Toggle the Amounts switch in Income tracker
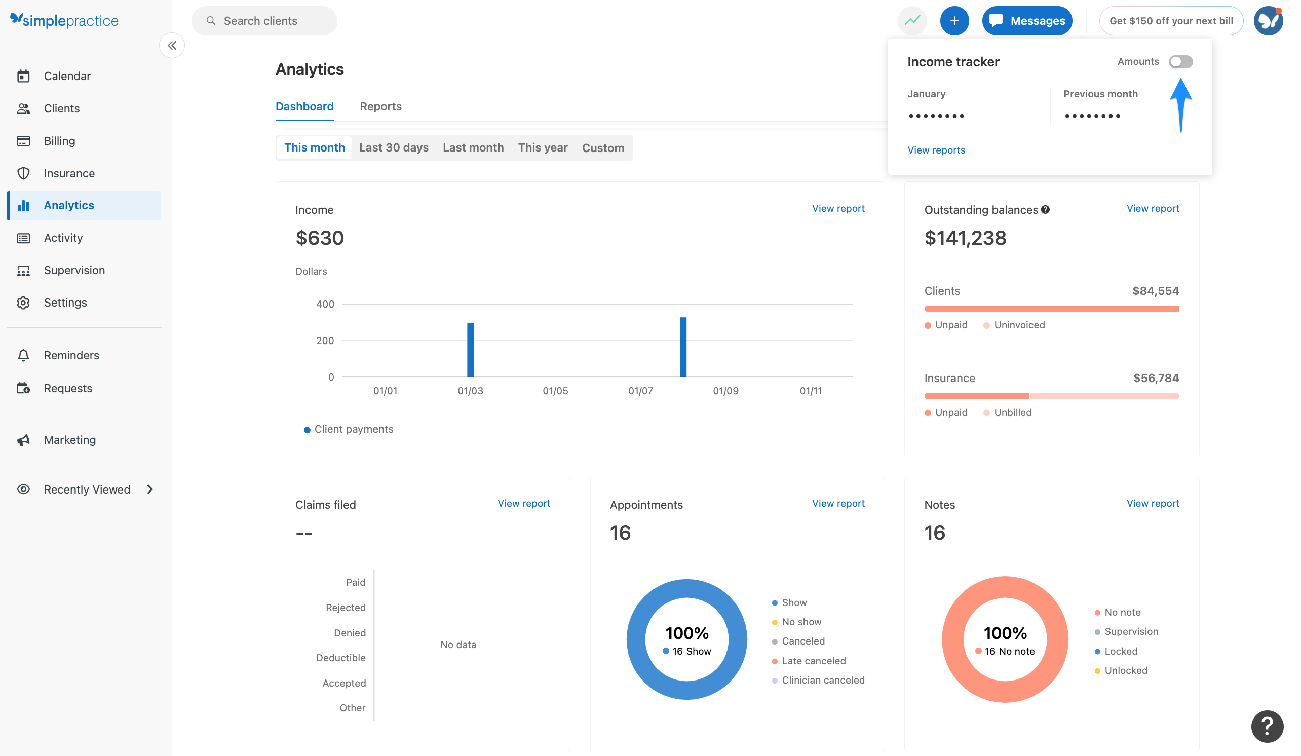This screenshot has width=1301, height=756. click(1180, 62)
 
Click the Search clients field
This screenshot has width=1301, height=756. click(264, 21)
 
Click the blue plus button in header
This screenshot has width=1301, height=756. click(953, 21)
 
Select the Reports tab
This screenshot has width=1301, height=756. click(380, 106)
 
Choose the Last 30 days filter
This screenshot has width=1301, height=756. click(394, 147)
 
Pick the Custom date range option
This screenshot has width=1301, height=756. click(602, 147)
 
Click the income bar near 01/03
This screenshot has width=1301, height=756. click(470, 350)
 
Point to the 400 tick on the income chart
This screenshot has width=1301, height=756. click(325, 304)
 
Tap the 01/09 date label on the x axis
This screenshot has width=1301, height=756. click(725, 391)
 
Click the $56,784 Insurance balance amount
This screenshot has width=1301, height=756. click(1156, 378)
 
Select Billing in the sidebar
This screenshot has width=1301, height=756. click(59, 141)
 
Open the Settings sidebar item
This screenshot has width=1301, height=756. click(65, 303)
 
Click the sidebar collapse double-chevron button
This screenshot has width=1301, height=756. click(172, 46)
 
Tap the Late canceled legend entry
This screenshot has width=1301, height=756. click(813, 660)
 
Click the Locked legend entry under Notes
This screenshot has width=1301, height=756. click(1120, 651)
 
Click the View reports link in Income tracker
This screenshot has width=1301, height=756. click(936, 150)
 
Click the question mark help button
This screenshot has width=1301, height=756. click(1267, 726)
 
